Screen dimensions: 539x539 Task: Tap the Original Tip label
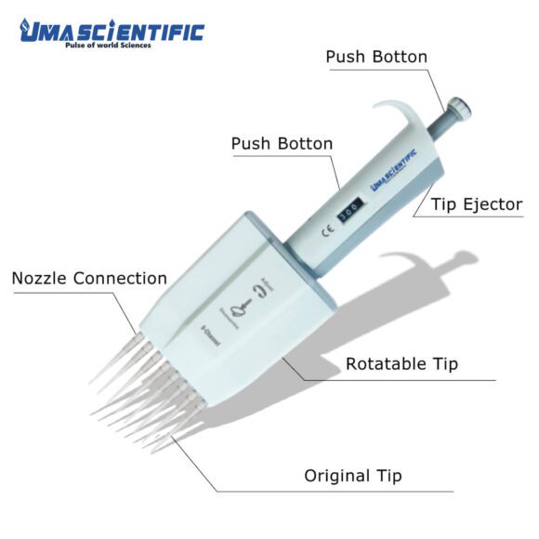click(353, 476)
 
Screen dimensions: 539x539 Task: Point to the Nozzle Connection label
click(89, 278)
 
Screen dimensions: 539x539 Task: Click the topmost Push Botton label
click(376, 57)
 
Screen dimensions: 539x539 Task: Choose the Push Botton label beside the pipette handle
click(282, 144)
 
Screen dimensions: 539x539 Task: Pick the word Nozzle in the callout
click(41, 278)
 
